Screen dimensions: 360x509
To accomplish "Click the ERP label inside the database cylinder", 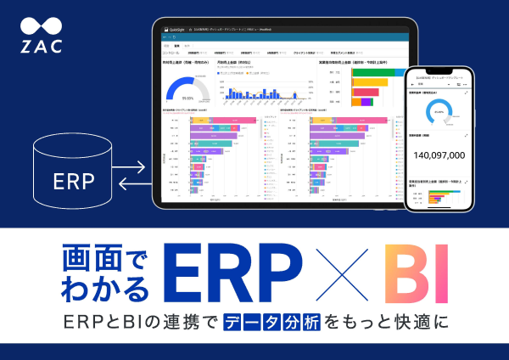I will (74, 181).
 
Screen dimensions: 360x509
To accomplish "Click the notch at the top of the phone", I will (439, 68).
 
